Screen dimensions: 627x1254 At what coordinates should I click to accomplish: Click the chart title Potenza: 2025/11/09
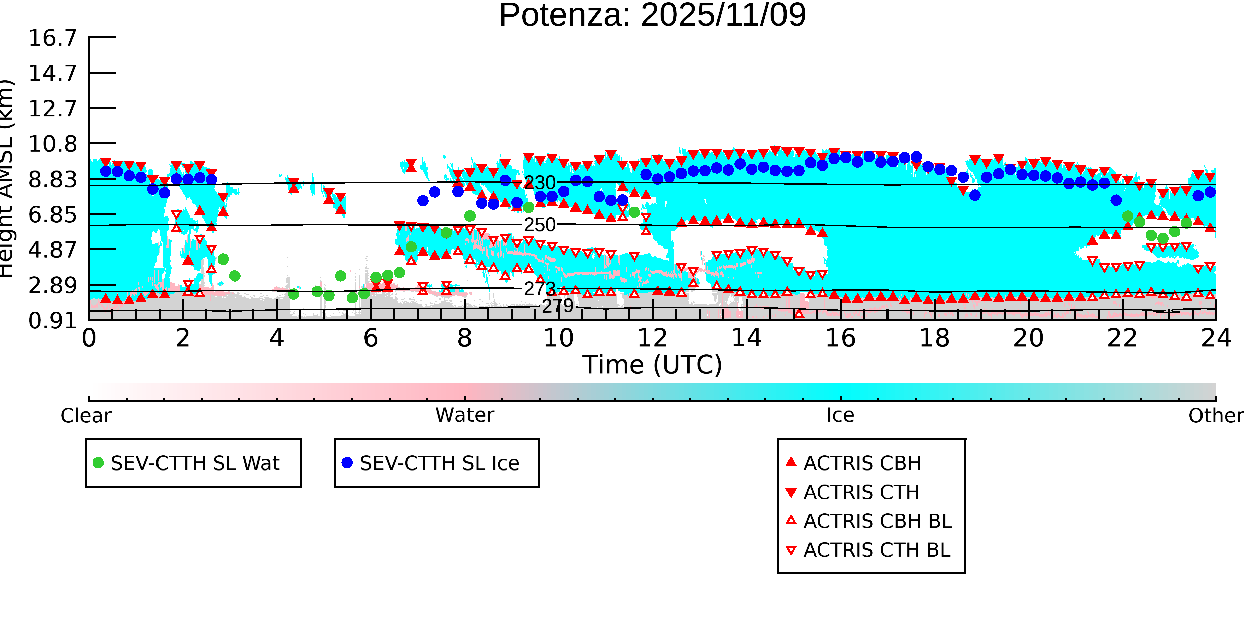pyautogui.click(x=652, y=16)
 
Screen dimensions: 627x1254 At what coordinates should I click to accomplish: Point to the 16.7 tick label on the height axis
pyautogui.click(x=53, y=38)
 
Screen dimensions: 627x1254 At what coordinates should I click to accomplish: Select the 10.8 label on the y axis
pyautogui.click(x=53, y=144)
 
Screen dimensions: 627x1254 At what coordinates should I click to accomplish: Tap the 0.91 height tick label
pyautogui.click(x=53, y=321)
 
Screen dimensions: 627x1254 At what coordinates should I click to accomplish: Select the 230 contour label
pyautogui.click(x=539, y=183)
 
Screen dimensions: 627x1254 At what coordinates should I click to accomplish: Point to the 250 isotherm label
pyautogui.click(x=539, y=225)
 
